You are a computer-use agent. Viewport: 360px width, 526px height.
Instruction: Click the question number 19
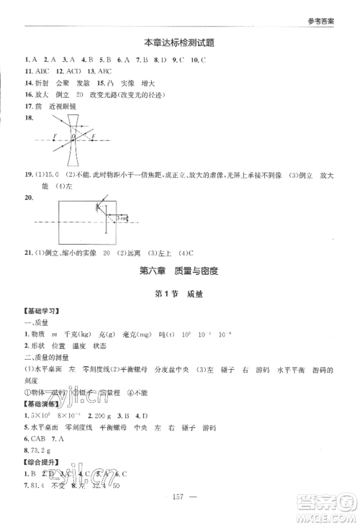coord(28,176)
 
